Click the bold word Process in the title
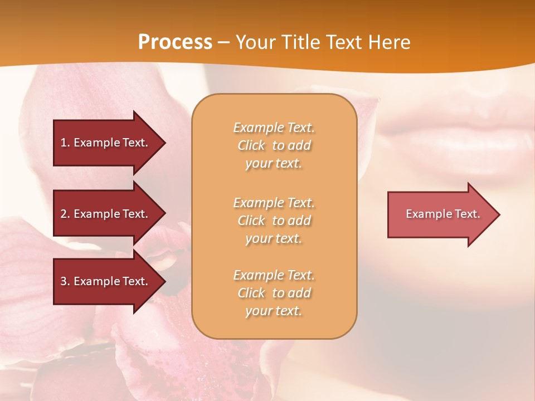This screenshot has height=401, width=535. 175,42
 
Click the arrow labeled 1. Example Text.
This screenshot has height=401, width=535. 106,143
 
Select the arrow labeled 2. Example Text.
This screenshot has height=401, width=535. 106,214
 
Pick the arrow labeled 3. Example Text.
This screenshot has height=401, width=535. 106,281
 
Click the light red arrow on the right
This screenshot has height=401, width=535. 440,214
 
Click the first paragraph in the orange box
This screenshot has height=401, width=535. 274,145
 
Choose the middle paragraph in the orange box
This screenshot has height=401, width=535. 274,221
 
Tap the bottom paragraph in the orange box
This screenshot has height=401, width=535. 274,293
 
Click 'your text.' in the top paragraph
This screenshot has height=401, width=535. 274,164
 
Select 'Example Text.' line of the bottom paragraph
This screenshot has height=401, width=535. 274,275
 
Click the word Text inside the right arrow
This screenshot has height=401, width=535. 468,214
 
